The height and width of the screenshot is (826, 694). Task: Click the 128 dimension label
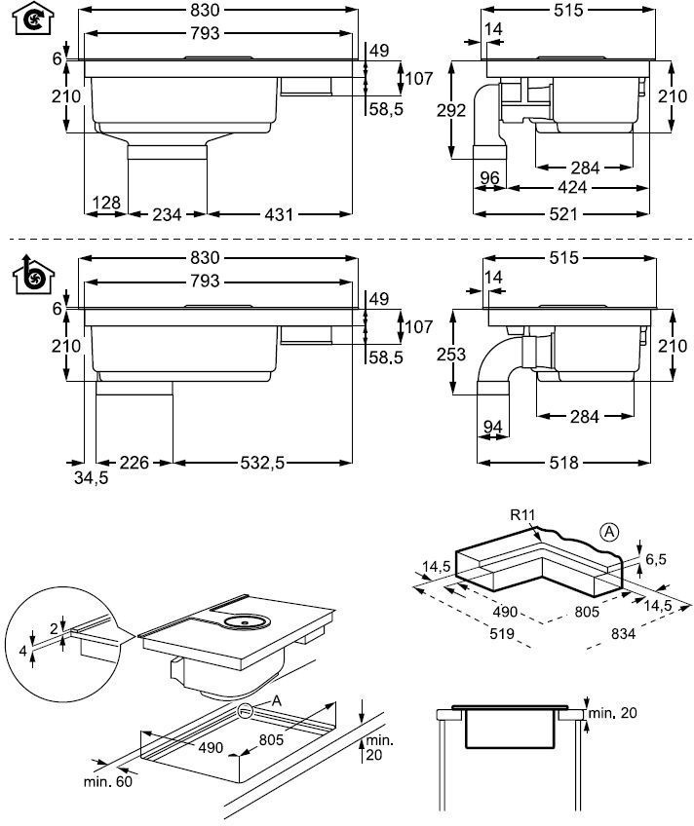point(106,203)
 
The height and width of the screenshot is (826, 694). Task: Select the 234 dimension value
point(167,214)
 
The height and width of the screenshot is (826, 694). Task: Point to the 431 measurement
point(279,214)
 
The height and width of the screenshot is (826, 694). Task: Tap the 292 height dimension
point(451,110)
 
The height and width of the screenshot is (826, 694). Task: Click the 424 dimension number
point(572,187)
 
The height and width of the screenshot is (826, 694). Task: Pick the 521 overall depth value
point(563,214)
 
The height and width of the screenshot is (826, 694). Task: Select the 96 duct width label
point(489,177)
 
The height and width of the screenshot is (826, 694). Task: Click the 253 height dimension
point(451,355)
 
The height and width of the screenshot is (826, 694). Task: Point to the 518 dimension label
point(563,463)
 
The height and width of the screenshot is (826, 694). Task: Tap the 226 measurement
point(135,463)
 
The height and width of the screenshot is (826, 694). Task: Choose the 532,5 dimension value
point(262,463)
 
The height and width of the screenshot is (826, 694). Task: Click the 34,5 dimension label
point(92,478)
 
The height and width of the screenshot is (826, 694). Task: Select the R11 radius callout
point(522,514)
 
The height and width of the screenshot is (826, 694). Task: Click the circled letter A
point(609,532)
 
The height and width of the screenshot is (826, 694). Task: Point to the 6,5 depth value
point(656,559)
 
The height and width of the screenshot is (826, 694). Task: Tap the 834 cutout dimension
point(624,634)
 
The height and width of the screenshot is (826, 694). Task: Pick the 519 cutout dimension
point(502,633)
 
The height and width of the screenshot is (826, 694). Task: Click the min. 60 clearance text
point(108,781)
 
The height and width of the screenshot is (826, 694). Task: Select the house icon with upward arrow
point(33,274)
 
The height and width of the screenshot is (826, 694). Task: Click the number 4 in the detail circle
point(22,651)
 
